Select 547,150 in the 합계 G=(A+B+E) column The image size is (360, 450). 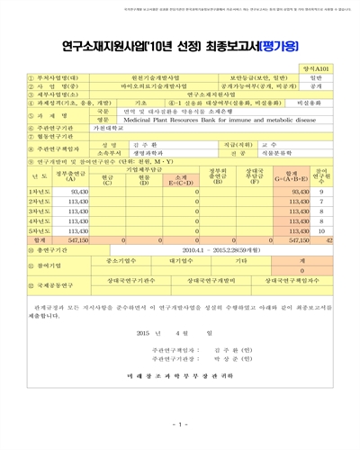point(305,241)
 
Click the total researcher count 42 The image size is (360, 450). point(346,241)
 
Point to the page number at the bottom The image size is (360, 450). point(180,425)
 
